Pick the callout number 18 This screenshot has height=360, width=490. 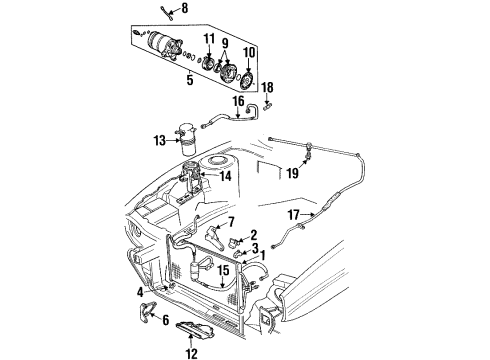tap(268, 88)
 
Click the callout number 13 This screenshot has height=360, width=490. tap(159, 141)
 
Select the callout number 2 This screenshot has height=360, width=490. tap(253, 234)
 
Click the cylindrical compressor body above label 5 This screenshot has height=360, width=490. tap(160, 46)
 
